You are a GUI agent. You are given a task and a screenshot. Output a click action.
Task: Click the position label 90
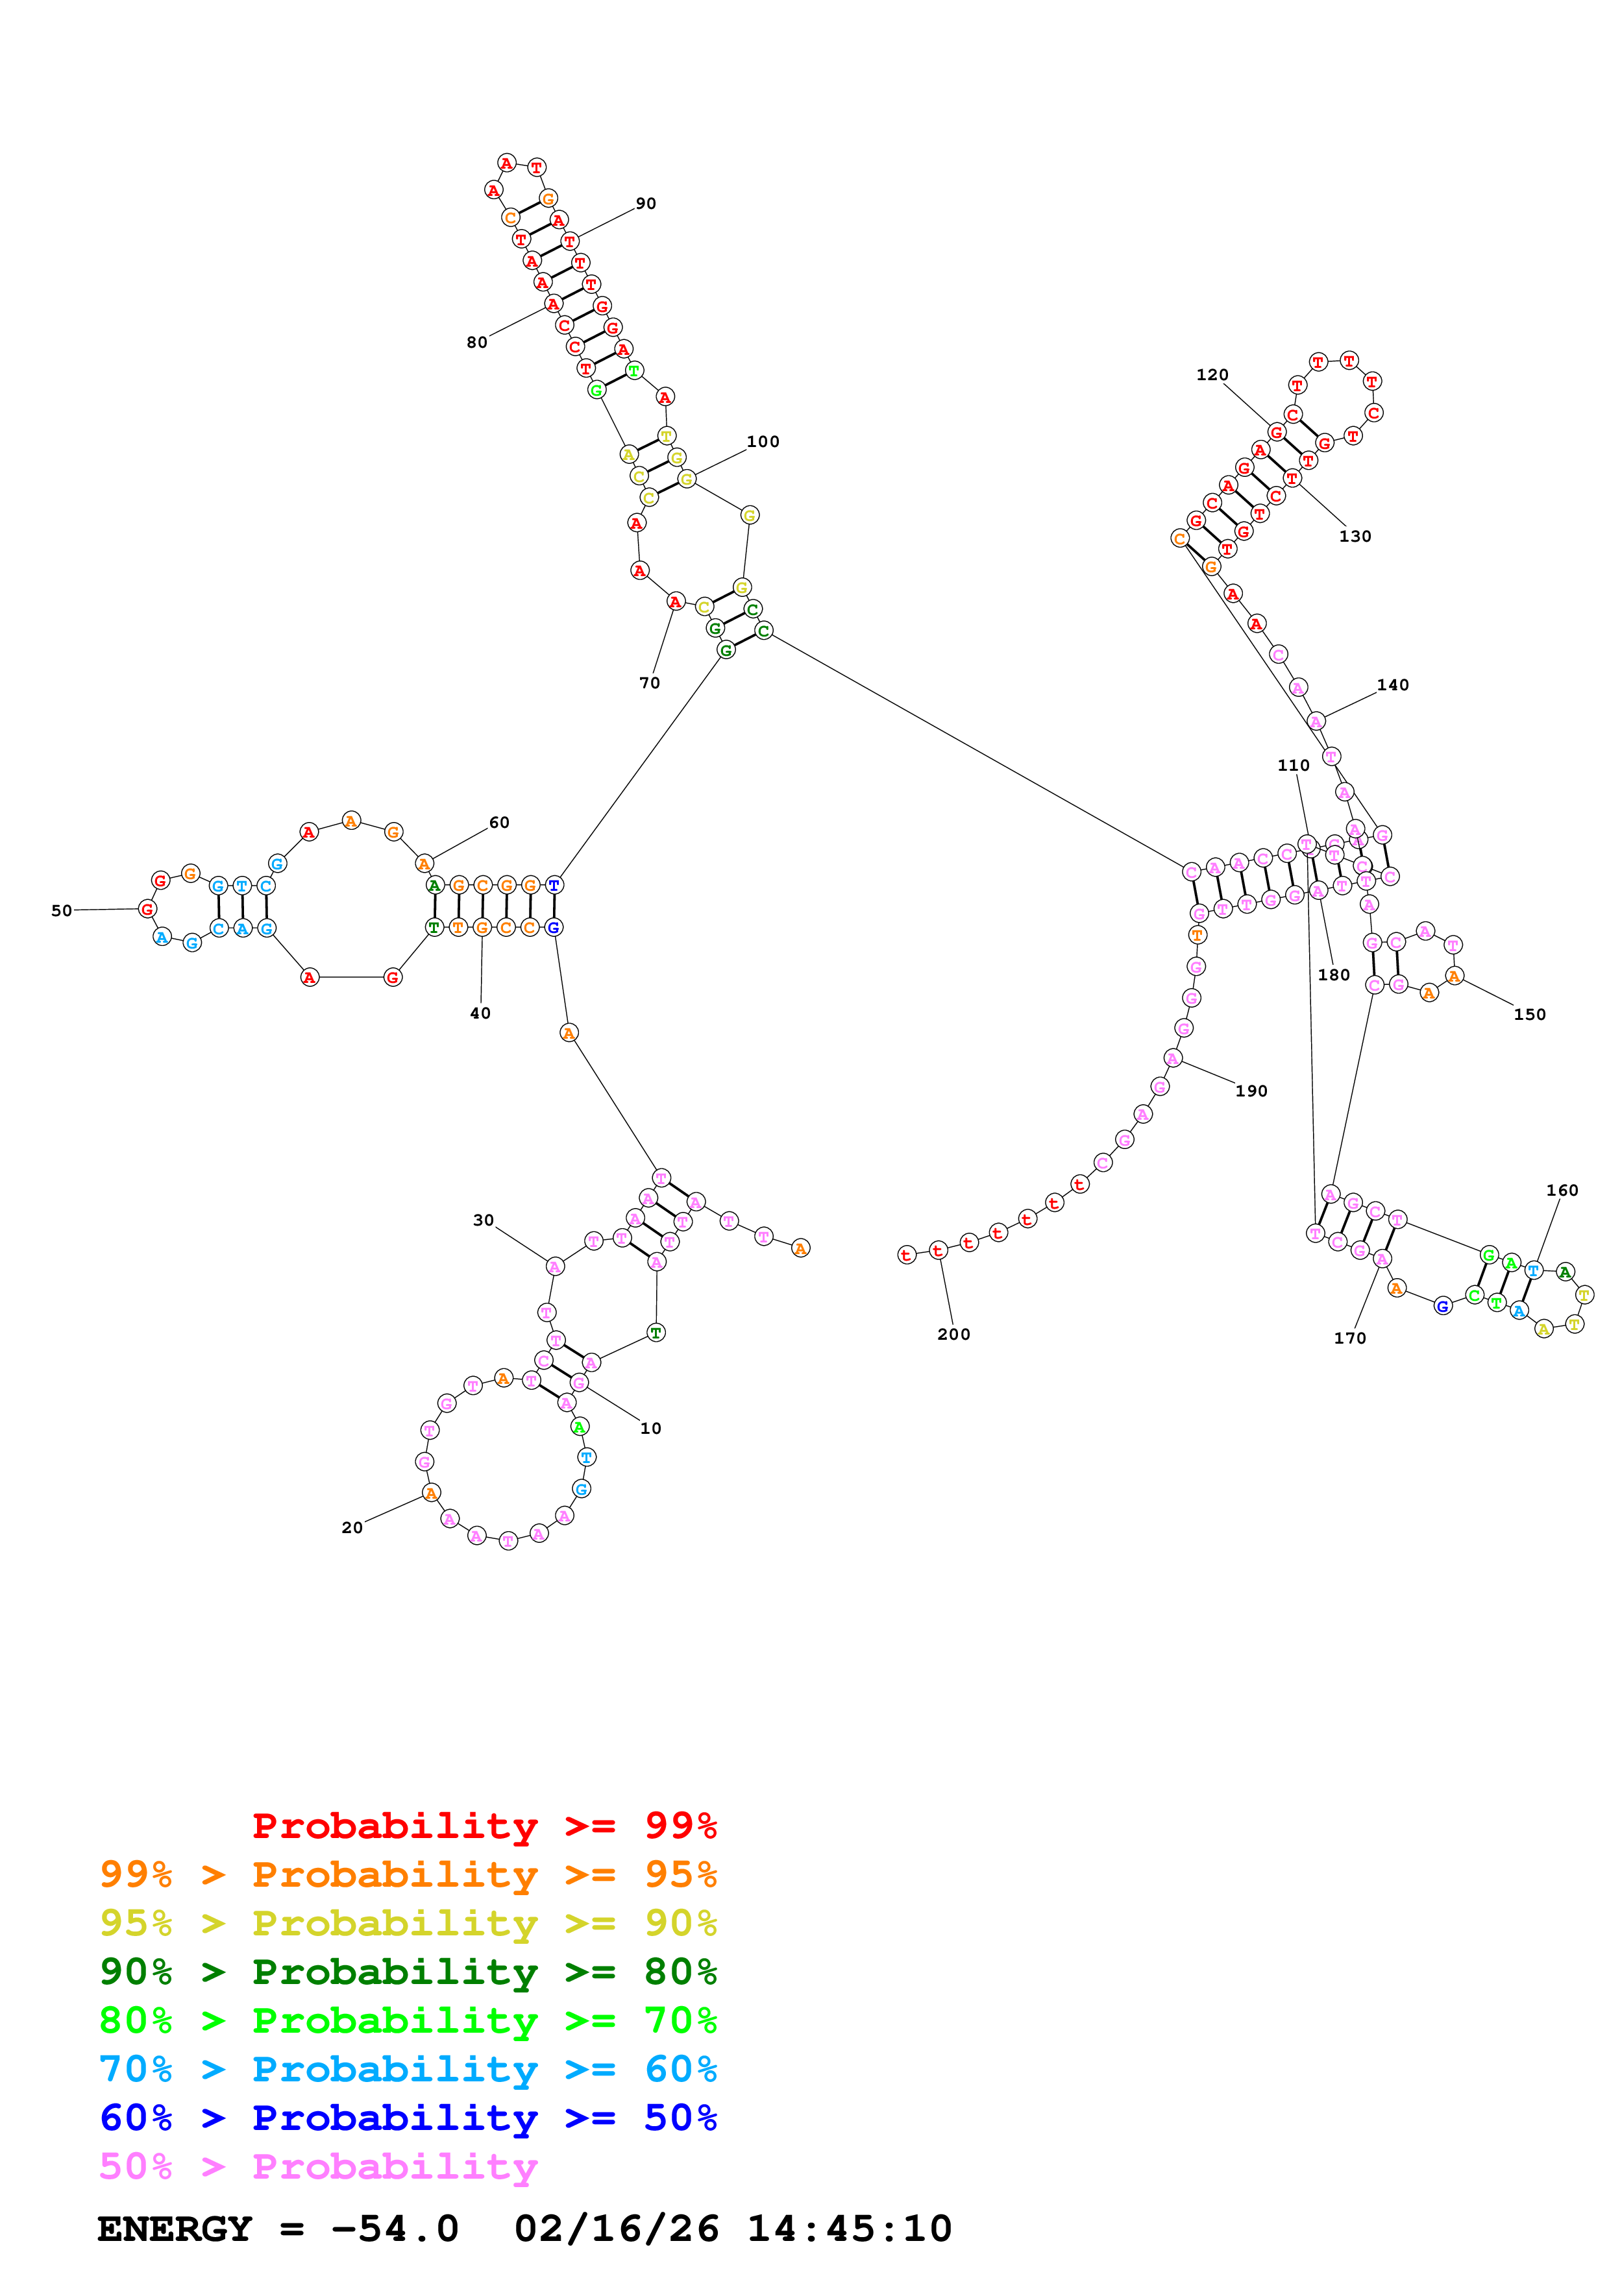(645, 203)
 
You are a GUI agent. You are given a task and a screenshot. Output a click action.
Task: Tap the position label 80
(477, 342)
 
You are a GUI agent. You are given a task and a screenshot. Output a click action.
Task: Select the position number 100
(763, 441)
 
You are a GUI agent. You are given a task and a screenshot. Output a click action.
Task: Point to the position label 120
(1212, 375)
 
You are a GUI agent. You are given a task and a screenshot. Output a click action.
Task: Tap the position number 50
(62, 910)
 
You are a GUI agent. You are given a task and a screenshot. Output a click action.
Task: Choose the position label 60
(498, 823)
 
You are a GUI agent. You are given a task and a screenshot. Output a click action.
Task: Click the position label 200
(953, 1335)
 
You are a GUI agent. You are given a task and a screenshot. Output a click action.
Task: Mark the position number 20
(352, 1527)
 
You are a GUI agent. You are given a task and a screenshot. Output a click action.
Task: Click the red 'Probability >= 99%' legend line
(484, 1825)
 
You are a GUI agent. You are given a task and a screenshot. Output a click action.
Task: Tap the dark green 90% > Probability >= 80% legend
(408, 1972)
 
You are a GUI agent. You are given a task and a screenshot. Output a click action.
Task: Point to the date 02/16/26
(616, 2229)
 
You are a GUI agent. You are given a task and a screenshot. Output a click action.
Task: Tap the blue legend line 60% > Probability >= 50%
(408, 2118)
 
